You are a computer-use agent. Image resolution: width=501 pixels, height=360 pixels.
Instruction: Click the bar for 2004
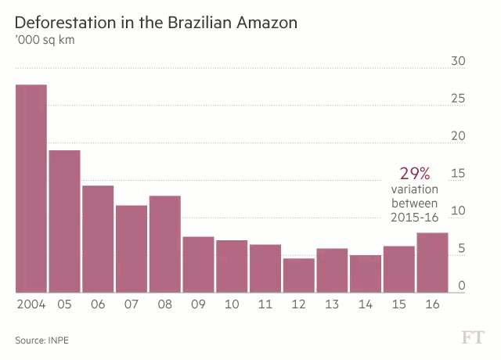(x=31, y=188)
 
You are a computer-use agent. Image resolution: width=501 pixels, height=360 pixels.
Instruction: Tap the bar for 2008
(x=164, y=243)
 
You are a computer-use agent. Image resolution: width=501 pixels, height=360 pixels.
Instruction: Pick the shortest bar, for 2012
(x=298, y=275)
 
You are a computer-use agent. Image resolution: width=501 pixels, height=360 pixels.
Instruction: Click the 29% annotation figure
(x=415, y=174)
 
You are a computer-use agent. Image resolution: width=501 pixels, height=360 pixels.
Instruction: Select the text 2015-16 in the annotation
(x=414, y=218)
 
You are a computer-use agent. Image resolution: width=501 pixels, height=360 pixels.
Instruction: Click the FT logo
(x=472, y=337)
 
